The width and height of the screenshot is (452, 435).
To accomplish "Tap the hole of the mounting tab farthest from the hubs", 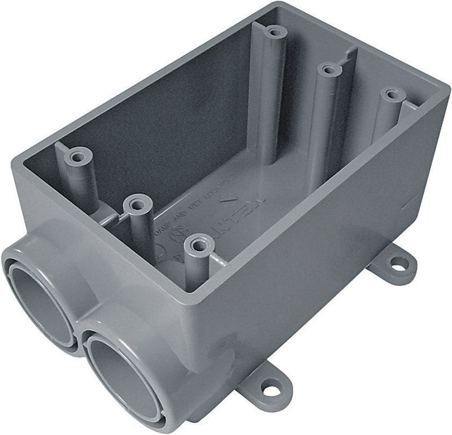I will pos(398,263).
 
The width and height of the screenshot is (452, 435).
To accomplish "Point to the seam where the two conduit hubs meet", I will pos(81,330).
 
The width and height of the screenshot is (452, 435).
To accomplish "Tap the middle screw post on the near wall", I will pos(136,203).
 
